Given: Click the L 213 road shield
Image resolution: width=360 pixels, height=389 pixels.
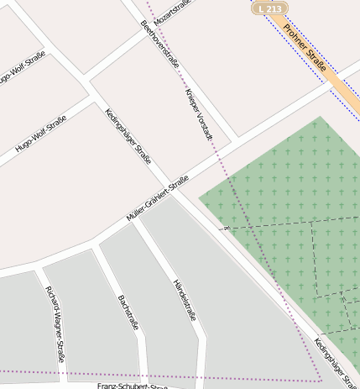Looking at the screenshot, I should pyautogui.click(x=270, y=8).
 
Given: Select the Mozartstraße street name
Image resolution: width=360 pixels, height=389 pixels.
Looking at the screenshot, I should pyautogui.click(x=172, y=12).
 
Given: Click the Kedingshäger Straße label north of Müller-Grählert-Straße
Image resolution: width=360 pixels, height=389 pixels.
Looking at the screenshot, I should pyautogui.click(x=128, y=136).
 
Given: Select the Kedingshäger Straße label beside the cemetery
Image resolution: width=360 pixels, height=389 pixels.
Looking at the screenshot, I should pyautogui.click(x=337, y=362).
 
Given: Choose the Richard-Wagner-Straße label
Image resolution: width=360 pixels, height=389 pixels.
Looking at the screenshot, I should pyautogui.click(x=55, y=323).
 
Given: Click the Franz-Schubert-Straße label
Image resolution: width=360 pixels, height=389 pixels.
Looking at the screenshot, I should pyautogui.click(x=133, y=386).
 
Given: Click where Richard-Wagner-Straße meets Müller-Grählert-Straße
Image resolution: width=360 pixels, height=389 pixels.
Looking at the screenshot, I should pyautogui.click(x=39, y=267).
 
